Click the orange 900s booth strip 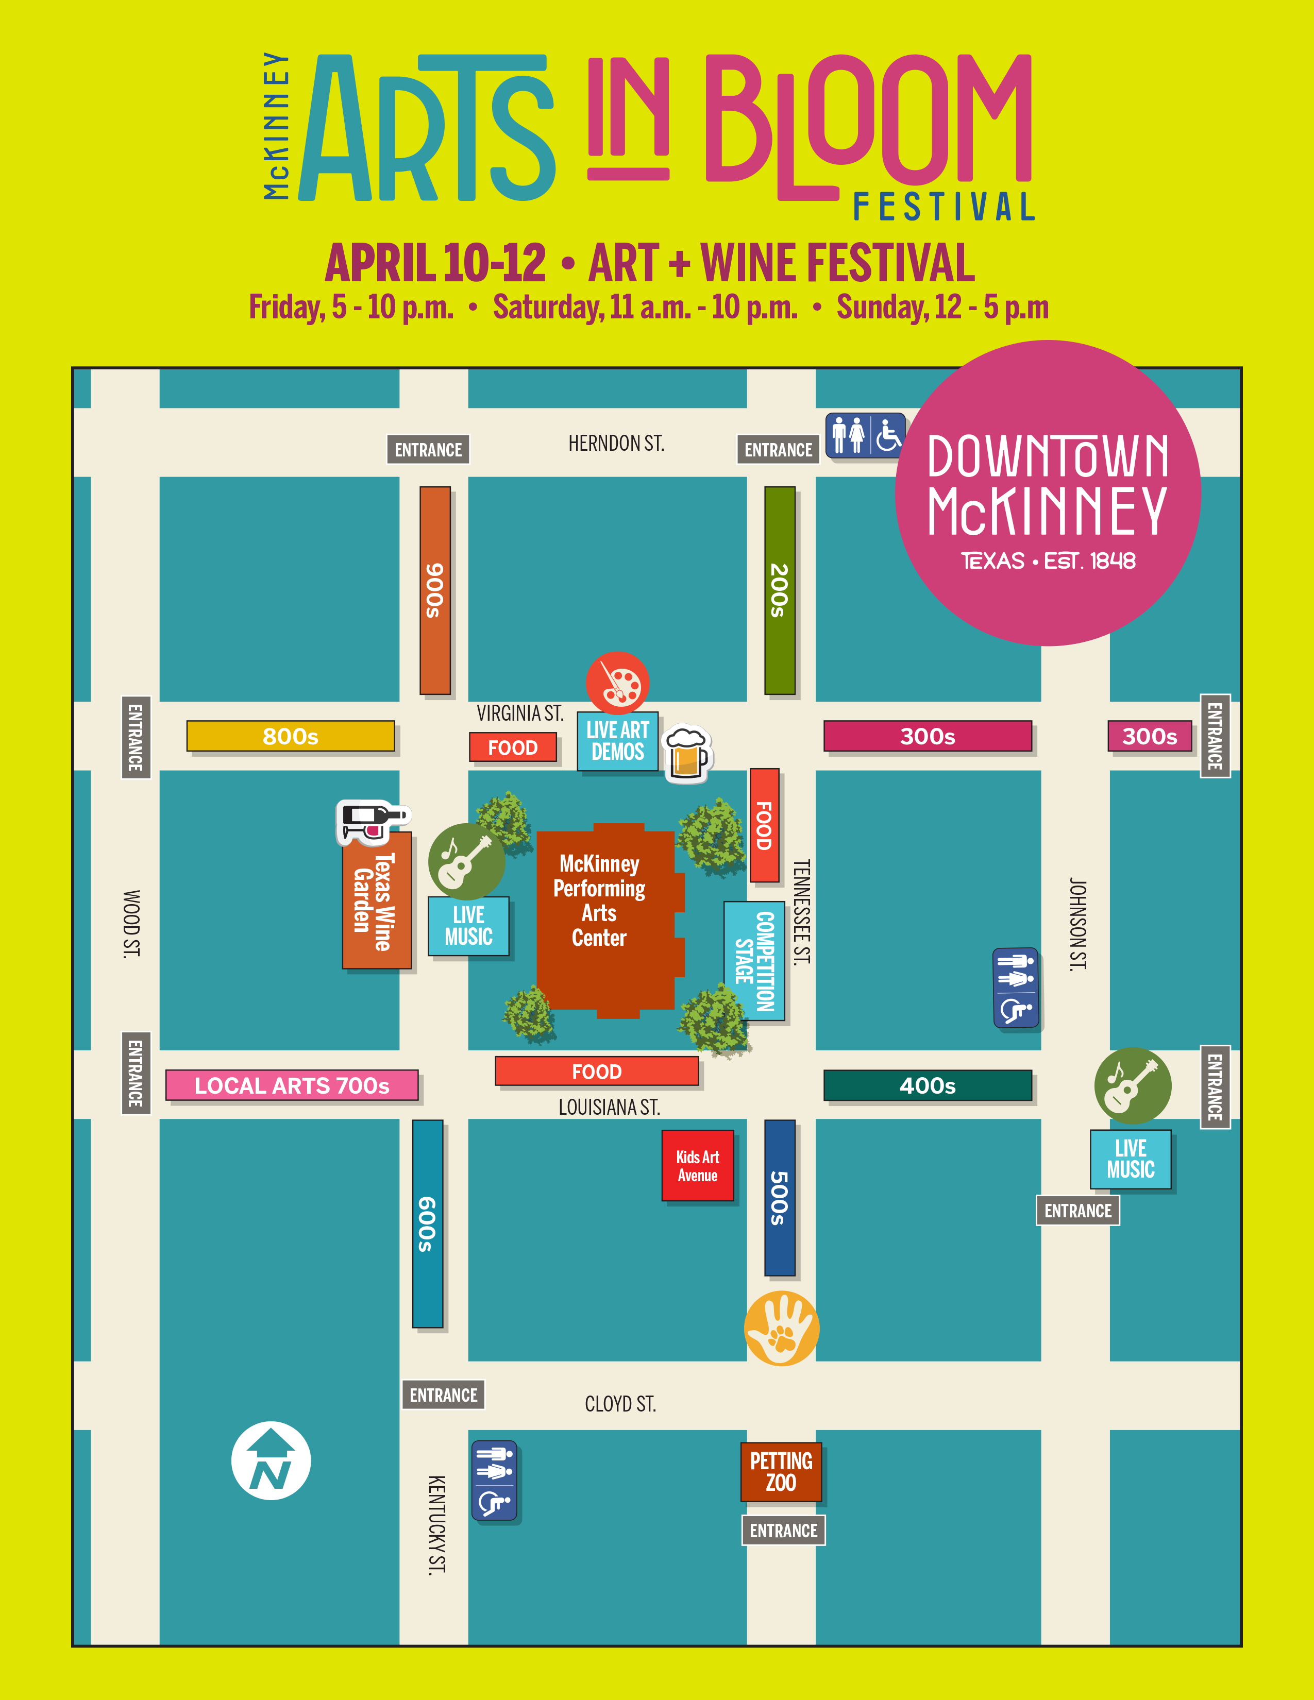pyautogui.click(x=435, y=590)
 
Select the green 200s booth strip pyautogui.click(x=779, y=590)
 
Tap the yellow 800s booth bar pyautogui.click(x=290, y=736)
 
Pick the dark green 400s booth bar pyautogui.click(x=927, y=1085)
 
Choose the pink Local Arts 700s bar pyautogui.click(x=292, y=1085)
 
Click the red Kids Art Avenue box pyautogui.click(x=698, y=1165)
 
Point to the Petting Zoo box pyautogui.click(x=781, y=1472)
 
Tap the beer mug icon pyautogui.click(x=686, y=754)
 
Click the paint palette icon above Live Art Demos pyautogui.click(x=617, y=683)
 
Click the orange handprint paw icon pyautogui.click(x=781, y=1328)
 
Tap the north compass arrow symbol pyautogui.click(x=271, y=1460)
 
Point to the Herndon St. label pyautogui.click(x=616, y=444)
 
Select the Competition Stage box pyautogui.click(x=754, y=961)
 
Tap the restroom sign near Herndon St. pyautogui.click(x=865, y=435)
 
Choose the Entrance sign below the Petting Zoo pyautogui.click(x=783, y=1531)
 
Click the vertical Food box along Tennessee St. pyautogui.click(x=764, y=825)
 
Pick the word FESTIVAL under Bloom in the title pyautogui.click(x=944, y=207)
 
